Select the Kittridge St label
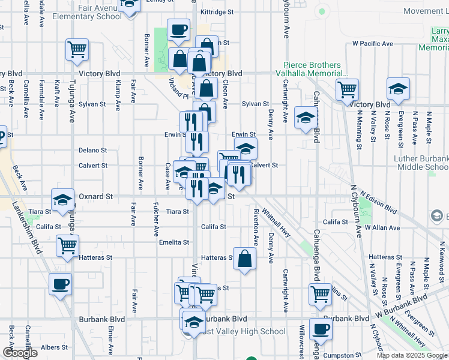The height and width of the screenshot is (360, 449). [217, 11]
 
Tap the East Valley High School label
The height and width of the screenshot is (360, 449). [243, 331]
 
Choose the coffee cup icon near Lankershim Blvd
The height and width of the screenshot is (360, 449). [59, 284]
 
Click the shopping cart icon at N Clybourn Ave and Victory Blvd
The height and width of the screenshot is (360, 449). [348, 89]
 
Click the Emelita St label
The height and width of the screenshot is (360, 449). [174, 242]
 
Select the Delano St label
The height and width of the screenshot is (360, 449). [92, 151]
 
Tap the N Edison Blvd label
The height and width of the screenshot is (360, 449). [379, 203]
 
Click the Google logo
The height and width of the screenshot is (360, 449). [20, 353]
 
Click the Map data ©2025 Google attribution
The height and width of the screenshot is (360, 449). [412, 355]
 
